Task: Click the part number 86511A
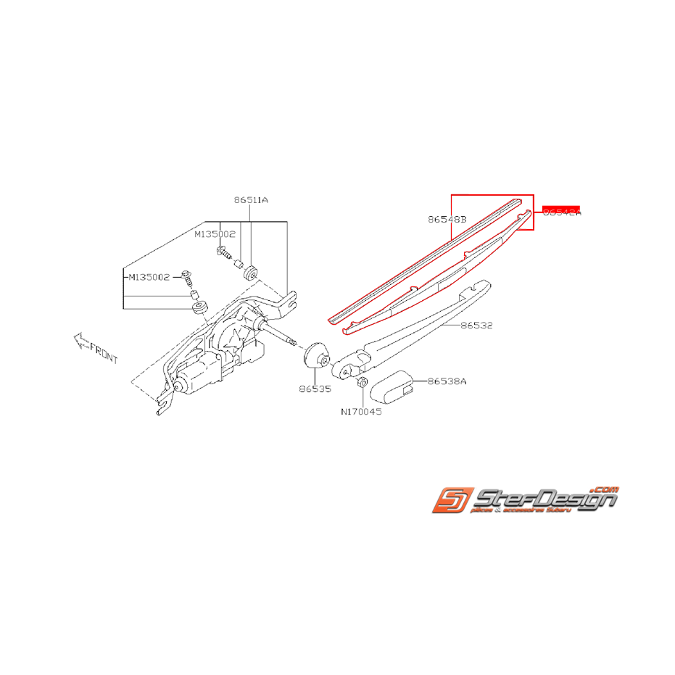pyautogui.click(x=251, y=199)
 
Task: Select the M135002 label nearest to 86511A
pyautogui.click(x=214, y=235)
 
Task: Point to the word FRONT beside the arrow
pyautogui.click(x=104, y=354)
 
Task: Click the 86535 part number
pyautogui.click(x=314, y=389)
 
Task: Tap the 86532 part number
pyautogui.click(x=476, y=326)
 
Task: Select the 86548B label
pyautogui.click(x=447, y=218)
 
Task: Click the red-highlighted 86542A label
pyautogui.click(x=561, y=212)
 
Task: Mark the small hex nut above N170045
pyautogui.click(x=363, y=381)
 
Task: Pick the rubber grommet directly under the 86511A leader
pyautogui.click(x=251, y=272)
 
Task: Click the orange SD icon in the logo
pyautogui.click(x=450, y=501)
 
